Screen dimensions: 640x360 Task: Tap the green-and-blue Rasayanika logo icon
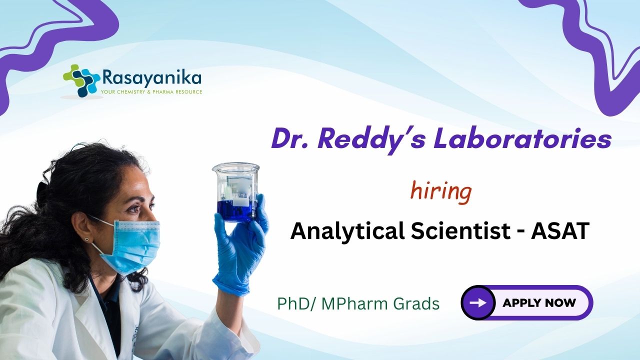click(81, 80)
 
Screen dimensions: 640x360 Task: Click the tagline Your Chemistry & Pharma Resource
click(151, 92)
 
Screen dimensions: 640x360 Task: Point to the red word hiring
click(441, 192)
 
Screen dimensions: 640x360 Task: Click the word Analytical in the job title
click(347, 231)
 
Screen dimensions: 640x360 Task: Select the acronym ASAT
click(560, 230)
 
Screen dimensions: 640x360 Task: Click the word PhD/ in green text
click(297, 303)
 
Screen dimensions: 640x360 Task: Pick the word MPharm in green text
click(357, 303)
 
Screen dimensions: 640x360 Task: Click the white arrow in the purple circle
click(478, 302)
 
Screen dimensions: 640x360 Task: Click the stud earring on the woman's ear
click(86, 239)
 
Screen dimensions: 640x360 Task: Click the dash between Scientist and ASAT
click(521, 232)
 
